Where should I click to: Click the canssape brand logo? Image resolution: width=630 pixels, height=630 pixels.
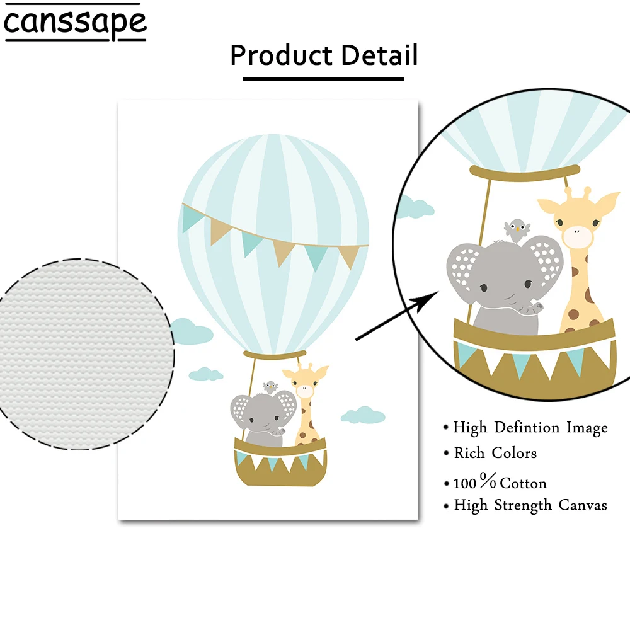[75, 23]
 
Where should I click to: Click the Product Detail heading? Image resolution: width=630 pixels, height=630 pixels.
[323, 55]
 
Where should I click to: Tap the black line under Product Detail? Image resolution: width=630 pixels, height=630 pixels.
[323, 79]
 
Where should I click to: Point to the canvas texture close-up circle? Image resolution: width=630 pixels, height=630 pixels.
[85, 354]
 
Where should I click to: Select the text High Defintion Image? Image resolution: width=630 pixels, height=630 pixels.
[530, 428]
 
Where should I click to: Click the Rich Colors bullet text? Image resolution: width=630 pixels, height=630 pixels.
[495, 453]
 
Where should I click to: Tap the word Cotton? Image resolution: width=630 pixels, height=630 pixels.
[523, 483]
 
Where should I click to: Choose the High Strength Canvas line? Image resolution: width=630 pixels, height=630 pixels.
[530, 505]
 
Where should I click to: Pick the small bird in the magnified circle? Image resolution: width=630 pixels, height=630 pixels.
[517, 229]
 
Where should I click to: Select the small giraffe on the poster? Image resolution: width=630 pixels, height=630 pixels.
[306, 403]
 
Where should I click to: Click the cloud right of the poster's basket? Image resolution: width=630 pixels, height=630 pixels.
[362, 415]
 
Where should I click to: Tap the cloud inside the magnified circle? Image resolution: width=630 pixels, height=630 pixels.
[415, 205]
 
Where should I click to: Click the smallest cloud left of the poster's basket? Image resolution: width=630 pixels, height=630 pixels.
[206, 374]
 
